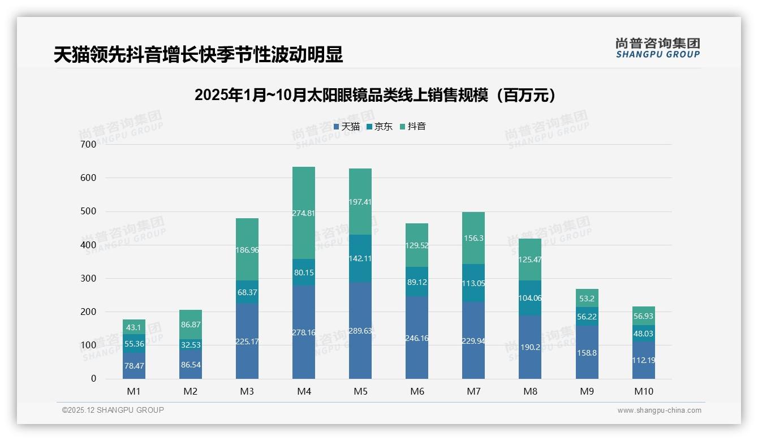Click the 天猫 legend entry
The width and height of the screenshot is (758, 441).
click(346, 127)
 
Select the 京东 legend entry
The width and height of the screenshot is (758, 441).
click(379, 127)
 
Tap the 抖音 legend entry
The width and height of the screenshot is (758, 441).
click(412, 127)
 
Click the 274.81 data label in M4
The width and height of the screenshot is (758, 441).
click(304, 213)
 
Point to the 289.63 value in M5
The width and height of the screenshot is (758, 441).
click(360, 331)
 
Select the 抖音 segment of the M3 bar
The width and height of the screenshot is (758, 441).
click(247, 249)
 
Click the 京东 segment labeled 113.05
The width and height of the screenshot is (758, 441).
click(473, 283)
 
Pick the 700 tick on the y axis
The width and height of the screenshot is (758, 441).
click(89, 144)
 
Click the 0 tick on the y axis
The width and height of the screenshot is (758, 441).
click(94, 379)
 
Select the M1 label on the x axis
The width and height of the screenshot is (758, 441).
click(134, 391)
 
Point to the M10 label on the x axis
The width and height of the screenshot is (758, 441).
click(644, 391)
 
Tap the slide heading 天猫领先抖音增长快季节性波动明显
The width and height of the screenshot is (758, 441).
click(198, 55)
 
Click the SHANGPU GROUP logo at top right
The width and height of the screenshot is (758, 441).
click(657, 48)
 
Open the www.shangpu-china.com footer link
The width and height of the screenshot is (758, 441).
click(659, 410)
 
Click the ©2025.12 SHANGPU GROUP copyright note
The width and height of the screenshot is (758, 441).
click(113, 410)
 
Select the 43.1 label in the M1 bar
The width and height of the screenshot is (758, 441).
click(134, 327)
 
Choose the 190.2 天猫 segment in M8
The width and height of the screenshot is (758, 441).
click(530, 347)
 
